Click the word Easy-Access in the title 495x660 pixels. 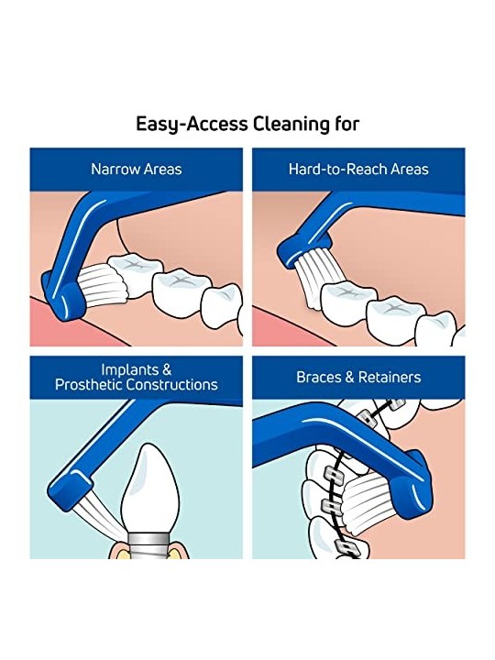coord(192,125)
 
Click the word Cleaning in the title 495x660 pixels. coord(291,124)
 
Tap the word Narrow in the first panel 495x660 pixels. coord(115,170)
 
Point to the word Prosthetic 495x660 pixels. coord(89,385)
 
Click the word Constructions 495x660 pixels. coord(172,384)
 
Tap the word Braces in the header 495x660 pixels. coord(319,377)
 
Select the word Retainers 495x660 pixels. coord(390,377)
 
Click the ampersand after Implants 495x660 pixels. coord(167,369)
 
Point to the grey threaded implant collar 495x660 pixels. coord(150,544)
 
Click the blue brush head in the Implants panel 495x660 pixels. coord(71,489)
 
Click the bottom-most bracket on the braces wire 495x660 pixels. coord(346,547)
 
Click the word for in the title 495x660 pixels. coord(347,124)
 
